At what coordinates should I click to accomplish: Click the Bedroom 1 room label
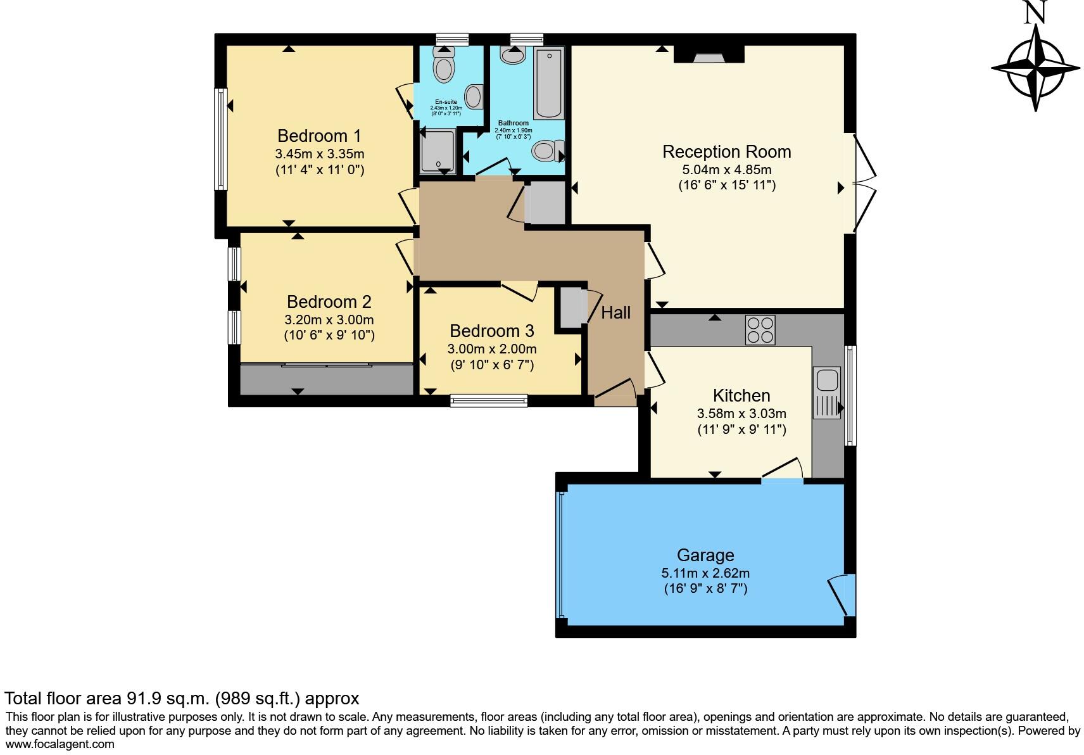tap(319, 136)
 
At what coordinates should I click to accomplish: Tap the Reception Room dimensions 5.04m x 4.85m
tap(726, 170)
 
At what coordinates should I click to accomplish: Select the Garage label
tap(705, 555)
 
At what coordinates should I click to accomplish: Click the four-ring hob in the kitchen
tap(760, 329)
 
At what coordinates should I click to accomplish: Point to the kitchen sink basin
tap(827, 380)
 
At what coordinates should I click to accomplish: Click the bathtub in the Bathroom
tap(548, 83)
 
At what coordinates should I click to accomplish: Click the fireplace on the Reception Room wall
tap(709, 56)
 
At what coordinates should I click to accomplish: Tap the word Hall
tap(615, 312)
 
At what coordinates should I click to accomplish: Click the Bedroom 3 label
tap(491, 331)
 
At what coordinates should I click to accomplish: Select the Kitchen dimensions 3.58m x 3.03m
tap(741, 414)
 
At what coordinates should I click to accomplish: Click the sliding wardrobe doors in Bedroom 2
tap(326, 365)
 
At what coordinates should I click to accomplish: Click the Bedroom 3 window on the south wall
tap(489, 400)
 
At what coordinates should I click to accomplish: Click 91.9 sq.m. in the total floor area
tap(167, 699)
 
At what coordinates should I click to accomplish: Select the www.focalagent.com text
tap(60, 744)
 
